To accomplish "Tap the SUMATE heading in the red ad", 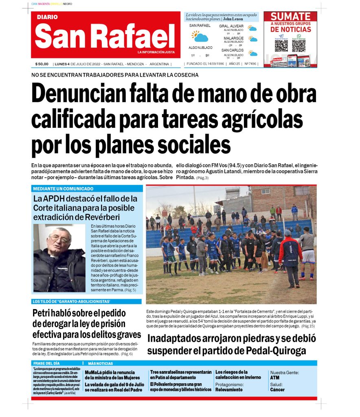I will coord(290,17).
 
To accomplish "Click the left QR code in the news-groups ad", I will coord(281,46).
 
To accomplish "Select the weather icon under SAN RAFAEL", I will coord(200,37).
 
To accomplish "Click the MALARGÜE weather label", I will coord(233,38).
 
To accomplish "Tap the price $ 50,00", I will coord(42,64).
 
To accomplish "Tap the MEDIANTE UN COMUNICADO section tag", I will coord(63,189).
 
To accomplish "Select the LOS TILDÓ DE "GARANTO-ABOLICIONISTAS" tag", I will coord(71,302).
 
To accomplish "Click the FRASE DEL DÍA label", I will coord(46,363).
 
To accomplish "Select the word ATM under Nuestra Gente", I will coord(274,377).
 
